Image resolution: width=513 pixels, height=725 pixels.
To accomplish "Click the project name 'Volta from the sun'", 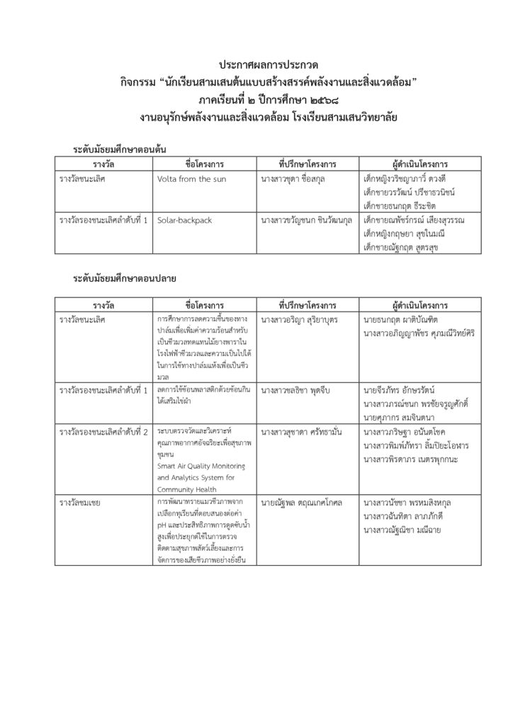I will pyautogui.click(x=191, y=179).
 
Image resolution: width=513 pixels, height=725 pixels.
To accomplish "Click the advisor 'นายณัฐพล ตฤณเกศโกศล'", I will pyautogui.click(x=301, y=503).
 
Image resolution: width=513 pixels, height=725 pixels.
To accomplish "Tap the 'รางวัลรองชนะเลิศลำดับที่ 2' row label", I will pyautogui.click(x=104, y=431).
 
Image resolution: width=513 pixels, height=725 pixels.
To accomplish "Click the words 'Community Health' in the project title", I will pyautogui.click(x=187, y=488).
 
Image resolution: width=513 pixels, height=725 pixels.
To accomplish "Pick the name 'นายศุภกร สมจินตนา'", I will pyautogui.click(x=401, y=416).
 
